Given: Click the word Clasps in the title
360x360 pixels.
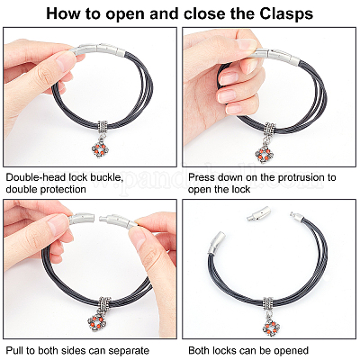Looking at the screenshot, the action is click(286, 13).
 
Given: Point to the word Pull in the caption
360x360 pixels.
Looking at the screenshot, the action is click(13, 350).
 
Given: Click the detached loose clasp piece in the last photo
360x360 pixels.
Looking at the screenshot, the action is click(257, 214).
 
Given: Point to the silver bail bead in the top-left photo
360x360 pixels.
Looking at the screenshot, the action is click(103, 128).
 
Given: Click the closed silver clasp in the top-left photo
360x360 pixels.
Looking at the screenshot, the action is click(99, 49).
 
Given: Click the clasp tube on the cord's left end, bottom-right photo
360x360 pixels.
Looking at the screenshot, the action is click(216, 244).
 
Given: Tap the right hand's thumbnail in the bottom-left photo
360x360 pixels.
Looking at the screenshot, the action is click(138, 237).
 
